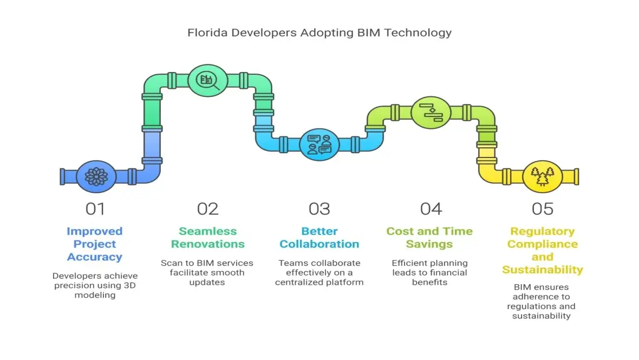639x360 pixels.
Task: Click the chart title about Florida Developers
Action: tap(319, 32)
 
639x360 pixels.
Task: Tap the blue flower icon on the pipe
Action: tap(96, 176)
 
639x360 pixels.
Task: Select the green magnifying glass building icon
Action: tap(207, 81)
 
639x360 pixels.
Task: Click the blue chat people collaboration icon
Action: tap(319, 145)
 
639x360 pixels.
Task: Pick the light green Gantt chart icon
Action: tap(431, 113)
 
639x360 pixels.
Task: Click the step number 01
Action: tap(95, 208)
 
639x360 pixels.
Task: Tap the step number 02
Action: tap(207, 208)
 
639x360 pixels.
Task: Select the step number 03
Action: tap(319, 208)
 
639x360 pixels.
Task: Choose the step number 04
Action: tap(431, 208)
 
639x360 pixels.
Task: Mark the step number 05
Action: tap(543, 208)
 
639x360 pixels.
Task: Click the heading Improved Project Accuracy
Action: tap(95, 244)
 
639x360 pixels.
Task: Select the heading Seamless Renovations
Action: tap(207, 238)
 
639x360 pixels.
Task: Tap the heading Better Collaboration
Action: tap(319, 238)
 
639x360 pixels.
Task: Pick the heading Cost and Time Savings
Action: tap(429, 238)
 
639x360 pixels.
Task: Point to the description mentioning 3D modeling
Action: tap(95, 285)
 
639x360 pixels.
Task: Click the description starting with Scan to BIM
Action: tap(207, 273)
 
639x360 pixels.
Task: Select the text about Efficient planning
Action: tap(429, 273)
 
